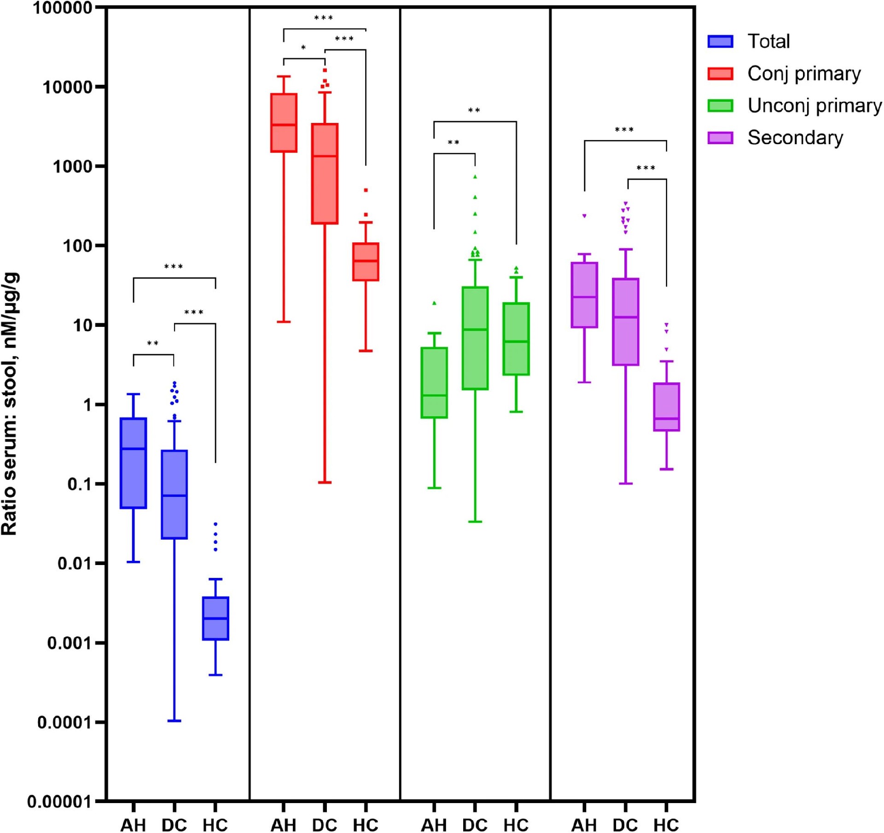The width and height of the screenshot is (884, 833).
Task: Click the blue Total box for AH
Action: [134, 463]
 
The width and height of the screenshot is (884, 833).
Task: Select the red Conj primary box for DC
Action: [325, 174]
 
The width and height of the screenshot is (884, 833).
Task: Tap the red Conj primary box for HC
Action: [366, 262]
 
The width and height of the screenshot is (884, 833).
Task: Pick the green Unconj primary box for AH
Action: [434, 383]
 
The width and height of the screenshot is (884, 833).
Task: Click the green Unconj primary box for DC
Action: [475, 338]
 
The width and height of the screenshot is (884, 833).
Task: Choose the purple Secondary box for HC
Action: [666, 407]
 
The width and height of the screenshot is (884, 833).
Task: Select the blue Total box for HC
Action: [215, 618]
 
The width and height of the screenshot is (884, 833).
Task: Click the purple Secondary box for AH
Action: [584, 295]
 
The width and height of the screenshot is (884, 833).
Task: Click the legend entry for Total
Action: [768, 41]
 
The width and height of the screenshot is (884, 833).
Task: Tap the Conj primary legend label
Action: [803, 74]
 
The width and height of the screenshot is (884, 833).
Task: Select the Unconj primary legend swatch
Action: [720, 106]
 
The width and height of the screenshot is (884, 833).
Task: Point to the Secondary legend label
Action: [795, 138]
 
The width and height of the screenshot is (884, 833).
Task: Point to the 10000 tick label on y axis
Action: [68, 87]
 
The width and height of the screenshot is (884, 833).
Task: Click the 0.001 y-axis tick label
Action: [70, 643]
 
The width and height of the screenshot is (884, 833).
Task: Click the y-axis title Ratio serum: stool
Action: [10, 403]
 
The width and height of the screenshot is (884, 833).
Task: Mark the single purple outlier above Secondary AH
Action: [584, 216]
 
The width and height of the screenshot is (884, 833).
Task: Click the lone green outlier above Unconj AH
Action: [434, 303]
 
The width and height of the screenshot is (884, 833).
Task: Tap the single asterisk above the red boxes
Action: [303, 48]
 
